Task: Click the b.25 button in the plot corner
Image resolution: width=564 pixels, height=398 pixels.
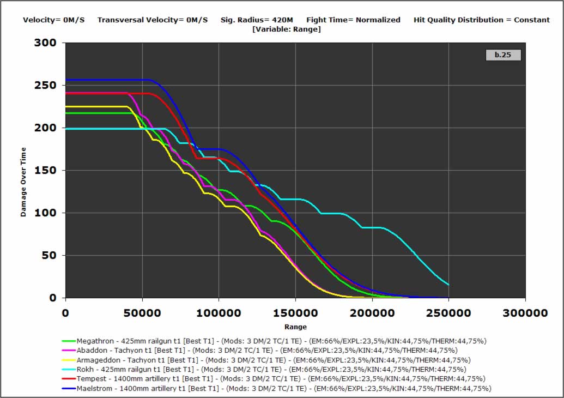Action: [x=503, y=55]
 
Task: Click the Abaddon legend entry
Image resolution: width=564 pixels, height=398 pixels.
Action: [x=267, y=351]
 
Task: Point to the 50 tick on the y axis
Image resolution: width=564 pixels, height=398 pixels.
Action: [x=49, y=256]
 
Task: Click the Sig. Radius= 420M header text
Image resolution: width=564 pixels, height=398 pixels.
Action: [x=257, y=20]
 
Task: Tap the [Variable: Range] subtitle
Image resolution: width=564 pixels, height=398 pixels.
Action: [x=287, y=29]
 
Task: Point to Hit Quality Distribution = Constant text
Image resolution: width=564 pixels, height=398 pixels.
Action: [x=482, y=20]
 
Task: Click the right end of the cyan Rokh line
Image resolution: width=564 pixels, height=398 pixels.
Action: [x=448, y=285]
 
